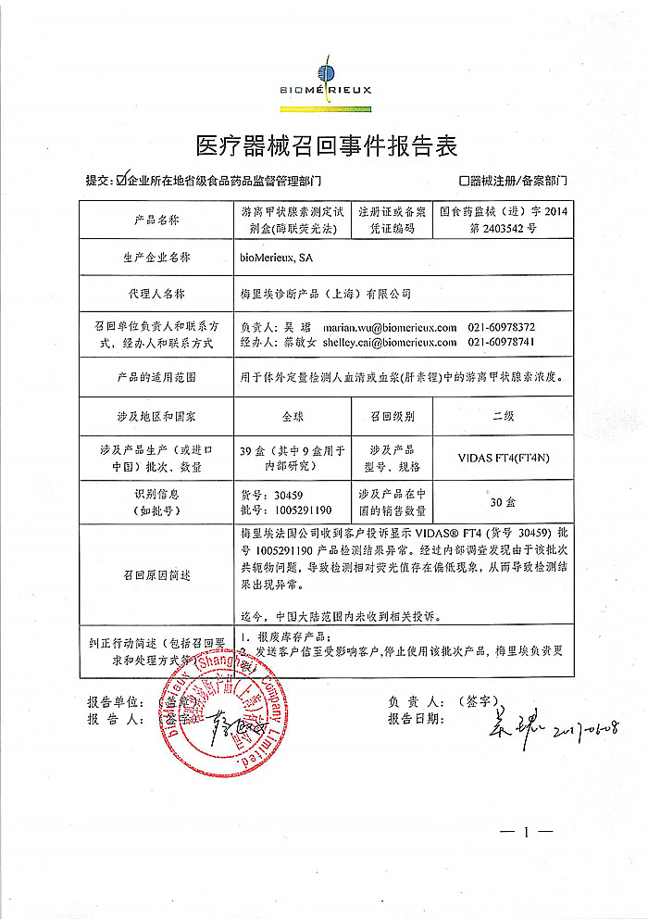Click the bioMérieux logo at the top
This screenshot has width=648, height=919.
[324, 75]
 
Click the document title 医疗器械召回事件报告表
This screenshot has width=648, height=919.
[327, 146]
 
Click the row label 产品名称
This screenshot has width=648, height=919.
[156, 220]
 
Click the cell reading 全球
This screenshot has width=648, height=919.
[293, 417]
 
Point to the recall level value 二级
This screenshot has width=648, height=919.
[503, 417]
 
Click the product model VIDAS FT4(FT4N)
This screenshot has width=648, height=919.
[503, 457]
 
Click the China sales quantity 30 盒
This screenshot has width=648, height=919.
[503, 502]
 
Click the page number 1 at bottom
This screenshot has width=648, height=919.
[525, 832]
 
